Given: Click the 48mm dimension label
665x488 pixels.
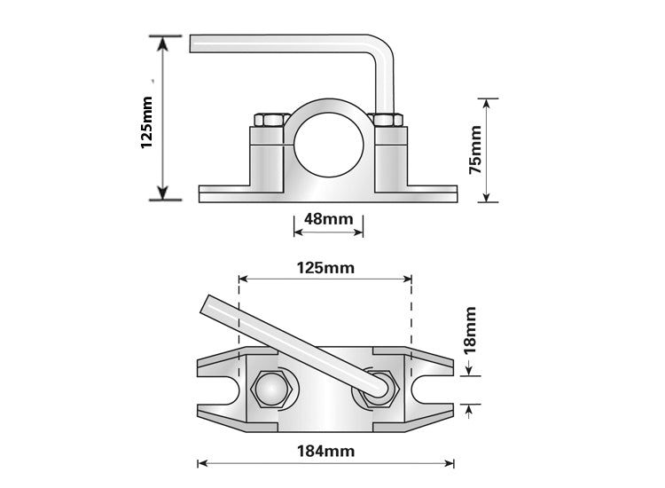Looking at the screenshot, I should coord(328,218).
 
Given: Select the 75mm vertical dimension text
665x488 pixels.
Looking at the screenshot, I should coord(476,149).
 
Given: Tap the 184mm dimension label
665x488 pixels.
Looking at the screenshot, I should coord(326,451).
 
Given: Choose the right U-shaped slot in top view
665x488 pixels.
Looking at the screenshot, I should coord(440,387).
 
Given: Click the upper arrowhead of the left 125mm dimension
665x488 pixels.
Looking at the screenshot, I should coord(161,42).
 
